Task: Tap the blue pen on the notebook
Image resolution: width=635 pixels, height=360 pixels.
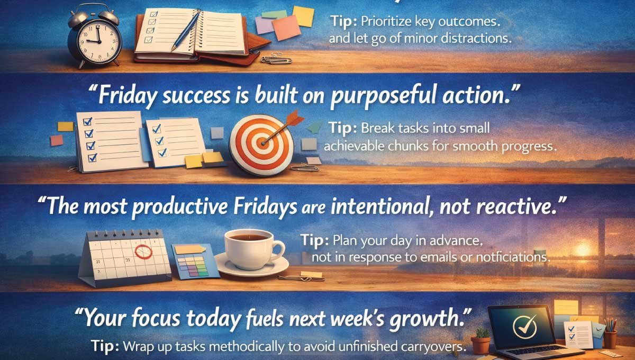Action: coord(186,32)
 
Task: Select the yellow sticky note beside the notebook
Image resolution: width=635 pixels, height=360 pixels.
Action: coord(303,16)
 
